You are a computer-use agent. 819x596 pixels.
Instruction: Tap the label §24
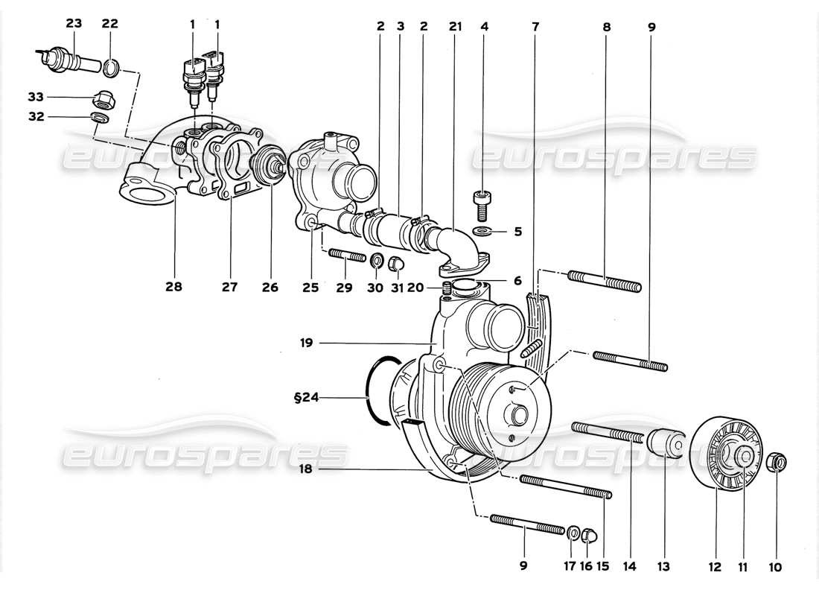point(306,398)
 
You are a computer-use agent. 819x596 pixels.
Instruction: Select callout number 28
point(176,286)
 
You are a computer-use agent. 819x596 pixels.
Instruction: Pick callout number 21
point(455,26)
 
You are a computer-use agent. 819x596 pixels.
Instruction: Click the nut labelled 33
point(101,98)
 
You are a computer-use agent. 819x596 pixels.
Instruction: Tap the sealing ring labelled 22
point(109,70)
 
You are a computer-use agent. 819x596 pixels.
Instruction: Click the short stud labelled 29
point(345,258)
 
